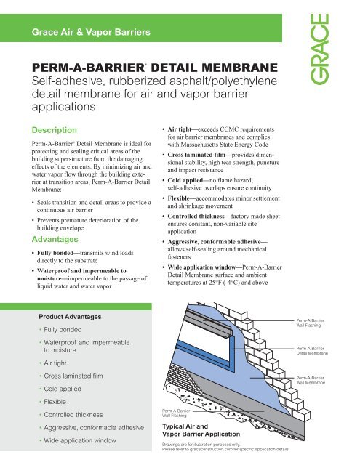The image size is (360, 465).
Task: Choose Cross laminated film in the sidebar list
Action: [x=79, y=376]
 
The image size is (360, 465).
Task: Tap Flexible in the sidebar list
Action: [x=60, y=402]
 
